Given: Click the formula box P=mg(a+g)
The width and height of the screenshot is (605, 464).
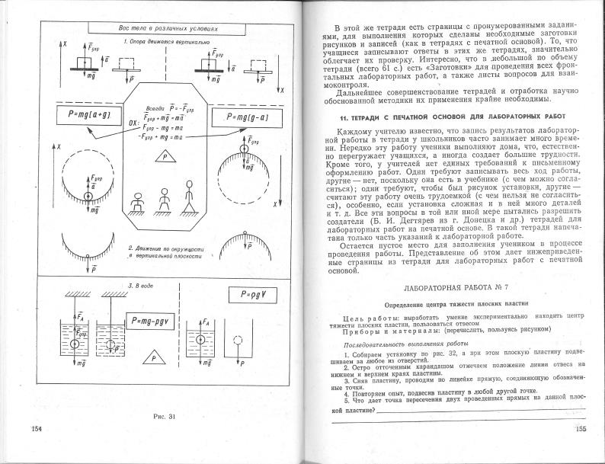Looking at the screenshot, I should pyautogui.click(x=77, y=115).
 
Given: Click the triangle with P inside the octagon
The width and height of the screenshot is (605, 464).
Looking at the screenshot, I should pyautogui.click(x=162, y=155).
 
